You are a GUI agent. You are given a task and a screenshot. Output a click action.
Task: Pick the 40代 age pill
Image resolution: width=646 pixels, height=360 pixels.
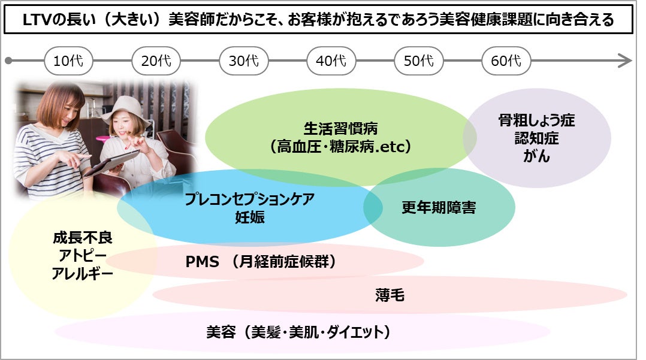(x=331, y=61)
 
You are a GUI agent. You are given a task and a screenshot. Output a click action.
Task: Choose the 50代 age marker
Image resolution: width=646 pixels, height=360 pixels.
(x=419, y=61)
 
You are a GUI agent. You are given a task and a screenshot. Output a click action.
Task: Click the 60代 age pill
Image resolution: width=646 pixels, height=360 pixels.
(x=506, y=61)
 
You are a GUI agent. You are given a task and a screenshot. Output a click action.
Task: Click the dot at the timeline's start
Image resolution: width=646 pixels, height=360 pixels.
(x=8, y=61)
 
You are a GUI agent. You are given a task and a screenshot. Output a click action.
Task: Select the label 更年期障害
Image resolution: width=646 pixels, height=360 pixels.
(x=439, y=208)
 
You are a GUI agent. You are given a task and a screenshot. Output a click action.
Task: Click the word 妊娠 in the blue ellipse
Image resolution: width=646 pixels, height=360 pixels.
(x=249, y=217)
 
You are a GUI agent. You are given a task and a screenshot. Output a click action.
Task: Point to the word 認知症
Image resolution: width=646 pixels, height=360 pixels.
(x=536, y=138)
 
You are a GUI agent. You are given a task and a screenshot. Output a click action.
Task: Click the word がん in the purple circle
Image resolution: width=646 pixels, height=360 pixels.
(x=536, y=156)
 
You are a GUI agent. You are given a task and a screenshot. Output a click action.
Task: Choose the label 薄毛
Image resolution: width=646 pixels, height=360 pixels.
(x=390, y=295)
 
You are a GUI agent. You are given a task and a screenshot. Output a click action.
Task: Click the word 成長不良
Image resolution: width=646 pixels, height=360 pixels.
(x=83, y=238)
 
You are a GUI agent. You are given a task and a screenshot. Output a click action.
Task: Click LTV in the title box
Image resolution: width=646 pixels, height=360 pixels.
(x=37, y=20)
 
